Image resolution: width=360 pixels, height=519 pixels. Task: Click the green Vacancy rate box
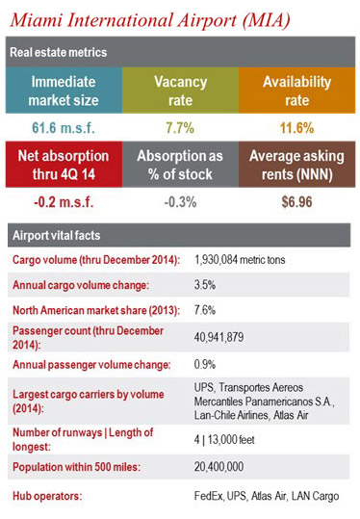[x=180, y=91]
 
